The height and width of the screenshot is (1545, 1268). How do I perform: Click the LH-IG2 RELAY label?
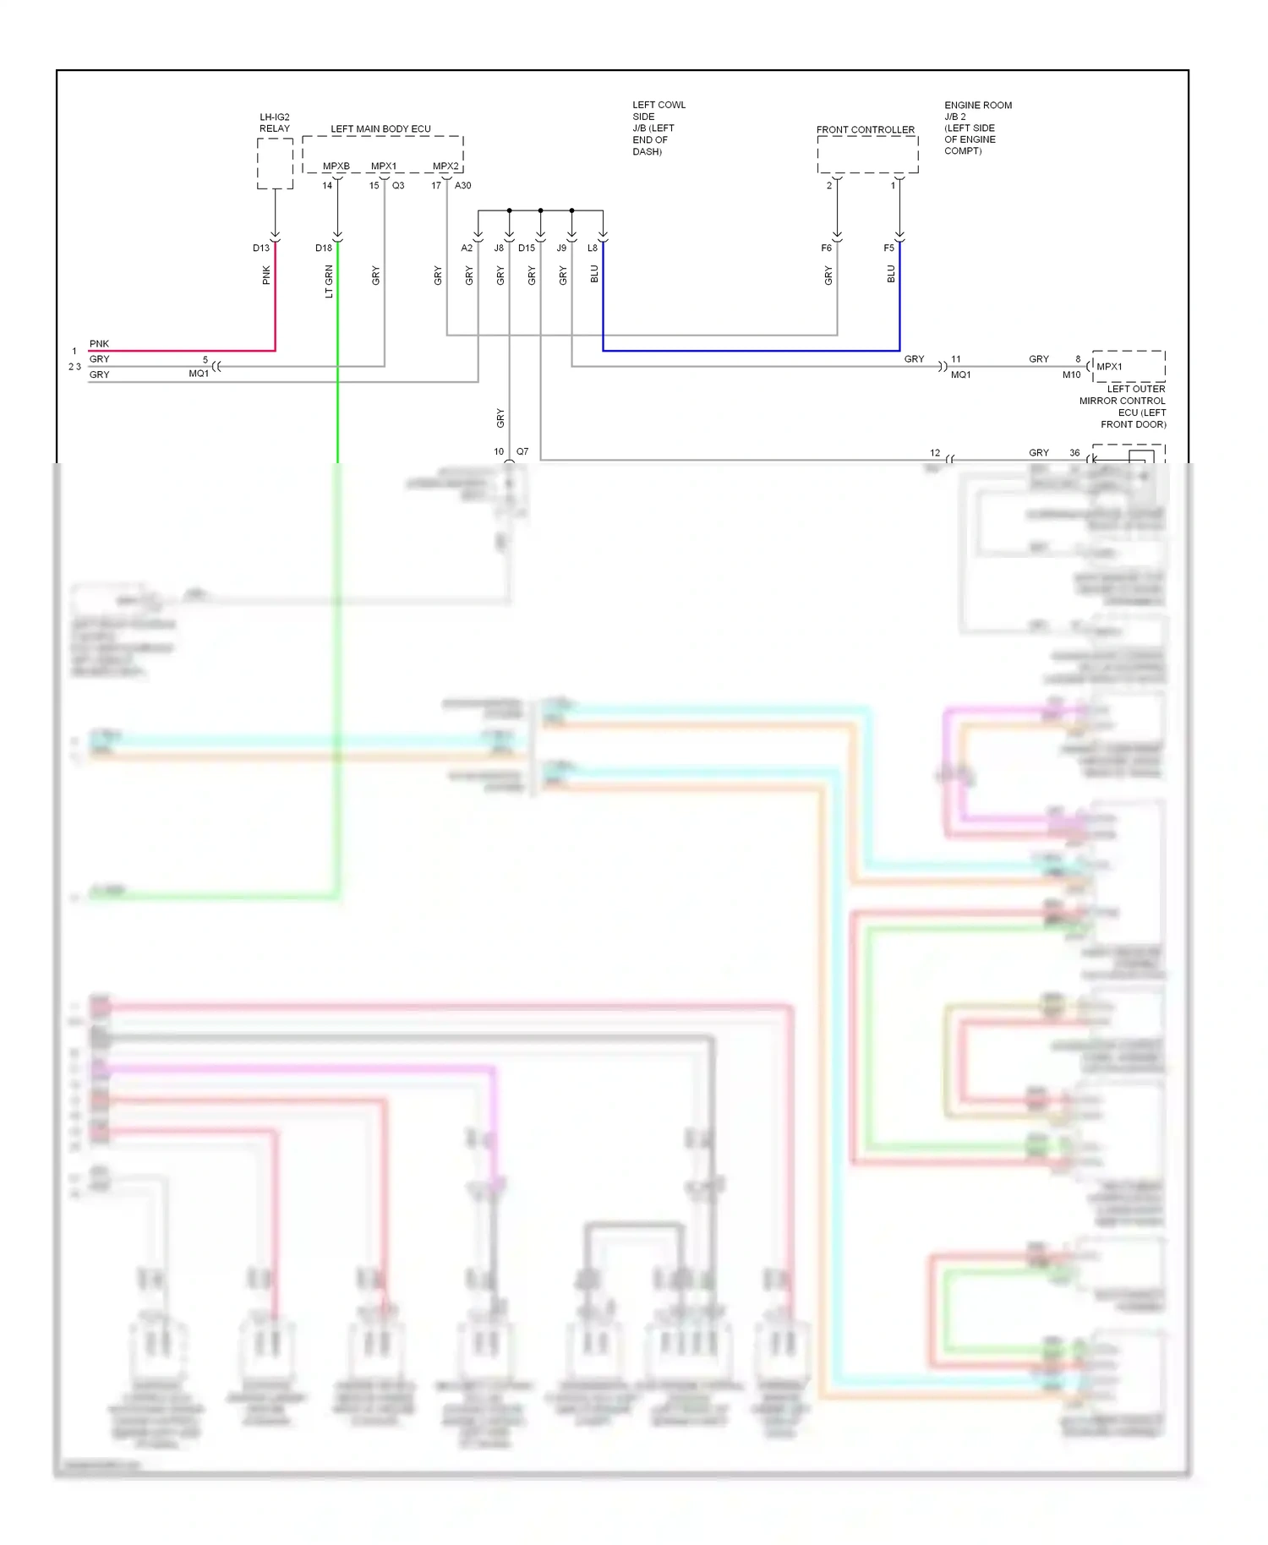click(x=274, y=123)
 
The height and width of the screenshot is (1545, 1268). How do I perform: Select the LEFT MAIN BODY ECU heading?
click(x=380, y=128)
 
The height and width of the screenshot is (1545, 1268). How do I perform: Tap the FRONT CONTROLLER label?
click(x=865, y=129)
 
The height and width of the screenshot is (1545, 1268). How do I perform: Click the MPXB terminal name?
click(x=336, y=166)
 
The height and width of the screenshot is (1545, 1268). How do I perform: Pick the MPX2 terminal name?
click(x=445, y=166)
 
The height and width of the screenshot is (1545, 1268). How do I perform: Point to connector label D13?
click(x=261, y=248)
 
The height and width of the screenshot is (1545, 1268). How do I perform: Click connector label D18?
click(x=324, y=248)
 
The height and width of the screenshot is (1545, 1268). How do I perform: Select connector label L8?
click(x=592, y=248)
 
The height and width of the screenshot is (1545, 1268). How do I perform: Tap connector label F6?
click(x=826, y=248)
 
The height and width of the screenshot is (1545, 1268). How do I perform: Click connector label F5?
click(x=888, y=248)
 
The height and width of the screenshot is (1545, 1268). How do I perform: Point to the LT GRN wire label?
click(x=329, y=281)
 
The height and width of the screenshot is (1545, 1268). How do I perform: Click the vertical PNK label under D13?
click(x=266, y=275)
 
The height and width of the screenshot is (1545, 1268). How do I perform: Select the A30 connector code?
click(x=462, y=185)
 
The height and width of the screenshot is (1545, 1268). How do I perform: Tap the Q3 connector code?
click(x=398, y=185)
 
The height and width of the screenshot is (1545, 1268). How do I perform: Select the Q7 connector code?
click(x=522, y=451)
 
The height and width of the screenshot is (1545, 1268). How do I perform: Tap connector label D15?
click(x=527, y=248)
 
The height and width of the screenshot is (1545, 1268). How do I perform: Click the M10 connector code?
click(x=1071, y=374)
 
